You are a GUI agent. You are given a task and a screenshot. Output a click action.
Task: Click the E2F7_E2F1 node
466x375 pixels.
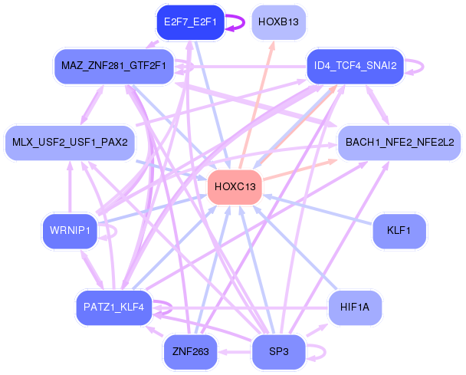[x=191, y=22]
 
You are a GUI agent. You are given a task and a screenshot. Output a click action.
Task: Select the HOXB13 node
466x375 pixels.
[x=278, y=22]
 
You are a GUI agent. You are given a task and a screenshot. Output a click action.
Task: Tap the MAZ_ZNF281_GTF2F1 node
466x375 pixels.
[x=114, y=66]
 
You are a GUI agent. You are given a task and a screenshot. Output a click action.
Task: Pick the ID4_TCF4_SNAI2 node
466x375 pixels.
[x=356, y=66]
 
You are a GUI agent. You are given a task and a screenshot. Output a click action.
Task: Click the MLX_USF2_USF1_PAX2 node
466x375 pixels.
[x=71, y=143]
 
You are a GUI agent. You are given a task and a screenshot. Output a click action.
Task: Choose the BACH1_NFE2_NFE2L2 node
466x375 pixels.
[x=400, y=143]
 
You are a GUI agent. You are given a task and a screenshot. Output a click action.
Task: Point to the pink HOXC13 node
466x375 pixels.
[x=235, y=187]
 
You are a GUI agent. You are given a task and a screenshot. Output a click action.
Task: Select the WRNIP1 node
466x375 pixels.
[x=71, y=231]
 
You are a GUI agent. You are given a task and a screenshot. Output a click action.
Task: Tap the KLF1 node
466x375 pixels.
[x=399, y=231]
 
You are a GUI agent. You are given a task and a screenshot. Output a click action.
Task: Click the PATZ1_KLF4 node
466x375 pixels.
[x=114, y=308]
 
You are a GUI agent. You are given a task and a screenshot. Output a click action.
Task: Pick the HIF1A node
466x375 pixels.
[x=355, y=308]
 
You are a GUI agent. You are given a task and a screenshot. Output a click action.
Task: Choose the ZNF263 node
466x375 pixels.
[x=191, y=352]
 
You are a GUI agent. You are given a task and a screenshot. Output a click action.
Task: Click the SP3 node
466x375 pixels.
[x=278, y=352]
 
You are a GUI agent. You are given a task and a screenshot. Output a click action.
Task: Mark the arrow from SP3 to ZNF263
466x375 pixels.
[x=235, y=353]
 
